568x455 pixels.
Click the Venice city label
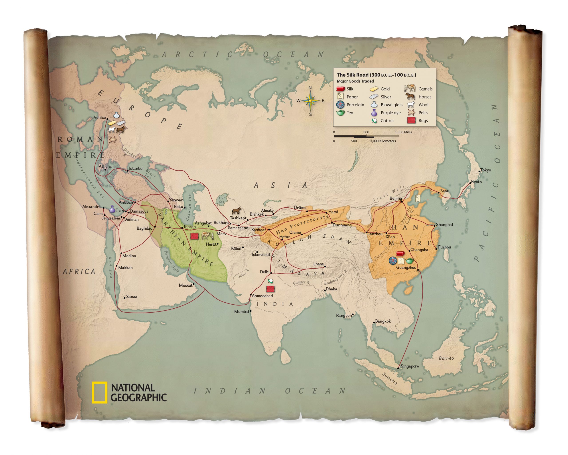100,118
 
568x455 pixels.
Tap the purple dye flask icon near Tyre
112,209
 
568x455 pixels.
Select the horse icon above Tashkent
236,211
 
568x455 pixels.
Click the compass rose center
310,101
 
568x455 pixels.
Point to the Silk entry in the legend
345,89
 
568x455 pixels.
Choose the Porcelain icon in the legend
340,104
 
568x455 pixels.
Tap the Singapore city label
409,366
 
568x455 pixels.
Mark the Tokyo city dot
479,171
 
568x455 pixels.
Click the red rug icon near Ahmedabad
270,289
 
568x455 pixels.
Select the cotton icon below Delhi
270,281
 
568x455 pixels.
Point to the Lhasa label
318,264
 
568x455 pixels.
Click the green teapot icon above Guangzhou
409,261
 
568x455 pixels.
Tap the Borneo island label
446,358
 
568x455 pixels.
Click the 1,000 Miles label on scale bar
403,132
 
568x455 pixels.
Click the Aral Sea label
222,200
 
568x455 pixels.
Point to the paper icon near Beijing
418,198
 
